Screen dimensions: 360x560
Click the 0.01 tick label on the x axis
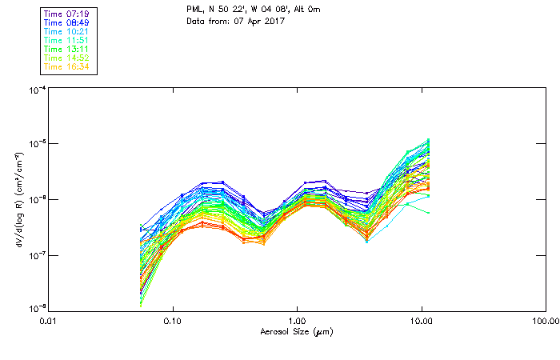point(49,321)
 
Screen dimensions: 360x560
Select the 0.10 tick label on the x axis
point(173,321)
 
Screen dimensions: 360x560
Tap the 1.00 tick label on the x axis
point(297,321)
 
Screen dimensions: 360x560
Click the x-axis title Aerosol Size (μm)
point(297,331)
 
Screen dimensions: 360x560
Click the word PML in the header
point(194,10)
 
